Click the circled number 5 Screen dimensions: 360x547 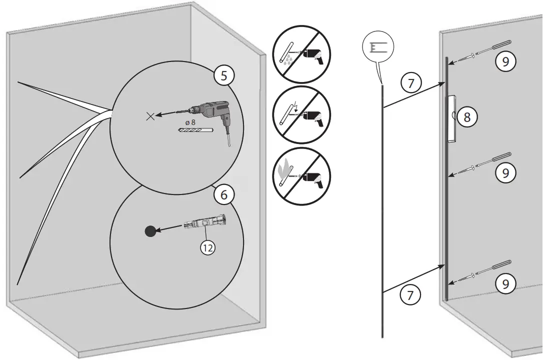[223, 76]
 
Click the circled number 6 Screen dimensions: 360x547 [223, 195]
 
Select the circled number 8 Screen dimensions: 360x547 [467, 117]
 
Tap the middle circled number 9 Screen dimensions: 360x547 [505, 172]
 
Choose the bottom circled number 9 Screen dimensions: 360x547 [505, 283]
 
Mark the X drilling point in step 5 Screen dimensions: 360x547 [149, 116]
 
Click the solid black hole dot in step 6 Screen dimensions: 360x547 [150, 231]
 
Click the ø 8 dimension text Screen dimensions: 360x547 [191, 121]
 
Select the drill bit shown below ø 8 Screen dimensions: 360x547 [195, 130]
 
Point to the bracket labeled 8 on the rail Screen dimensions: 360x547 [452, 119]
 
